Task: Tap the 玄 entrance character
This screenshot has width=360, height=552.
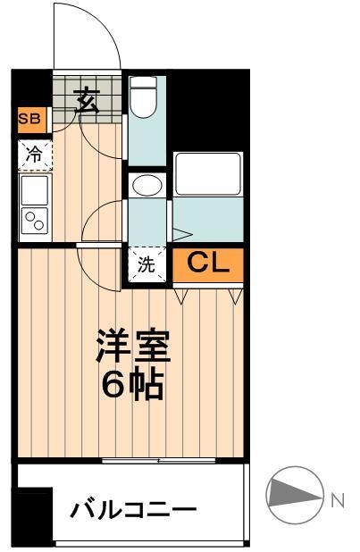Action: coord(86,99)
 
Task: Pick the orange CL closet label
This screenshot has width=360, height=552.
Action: coord(208,263)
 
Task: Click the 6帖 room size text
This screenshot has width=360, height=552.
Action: coord(132,386)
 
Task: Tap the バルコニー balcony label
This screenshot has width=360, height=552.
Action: coord(134,512)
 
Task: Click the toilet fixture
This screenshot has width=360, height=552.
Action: coord(143,98)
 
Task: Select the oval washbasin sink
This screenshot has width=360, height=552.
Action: coord(146,186)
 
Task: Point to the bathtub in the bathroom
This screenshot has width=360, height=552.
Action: coord(208,174)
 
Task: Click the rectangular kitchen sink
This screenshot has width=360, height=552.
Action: coord(36,189)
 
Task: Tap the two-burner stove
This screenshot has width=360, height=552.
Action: coord(36,221)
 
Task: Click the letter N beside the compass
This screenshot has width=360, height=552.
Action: coord(338,500)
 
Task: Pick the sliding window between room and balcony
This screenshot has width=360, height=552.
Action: coord(159,460)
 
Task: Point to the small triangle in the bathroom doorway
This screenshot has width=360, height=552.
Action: coord(180,235)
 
